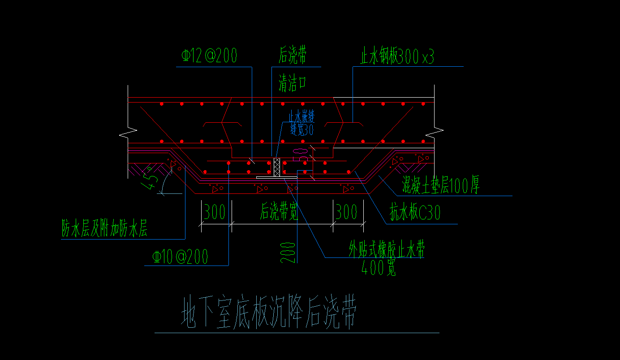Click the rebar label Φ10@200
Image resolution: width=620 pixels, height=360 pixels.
point(180,257)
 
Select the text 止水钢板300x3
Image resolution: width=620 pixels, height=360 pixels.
point(397,57)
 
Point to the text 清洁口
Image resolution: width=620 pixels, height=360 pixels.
point(293,83)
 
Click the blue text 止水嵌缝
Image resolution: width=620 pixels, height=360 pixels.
point(301,117)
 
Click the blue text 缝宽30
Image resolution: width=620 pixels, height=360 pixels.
point(301,130)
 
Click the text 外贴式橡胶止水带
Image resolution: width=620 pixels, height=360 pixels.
point(387,250)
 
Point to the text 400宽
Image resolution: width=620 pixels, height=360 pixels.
point(379,268)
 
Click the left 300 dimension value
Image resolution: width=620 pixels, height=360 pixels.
point(215,212)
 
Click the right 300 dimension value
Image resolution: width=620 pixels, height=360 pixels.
point(347,212)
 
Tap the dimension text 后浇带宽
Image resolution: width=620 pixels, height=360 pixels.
point(280,212)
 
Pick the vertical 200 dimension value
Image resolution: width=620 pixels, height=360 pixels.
point(289,253)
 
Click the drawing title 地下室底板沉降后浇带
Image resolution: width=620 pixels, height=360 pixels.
point(268,312)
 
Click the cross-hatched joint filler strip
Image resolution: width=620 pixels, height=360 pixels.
point(277,167)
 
